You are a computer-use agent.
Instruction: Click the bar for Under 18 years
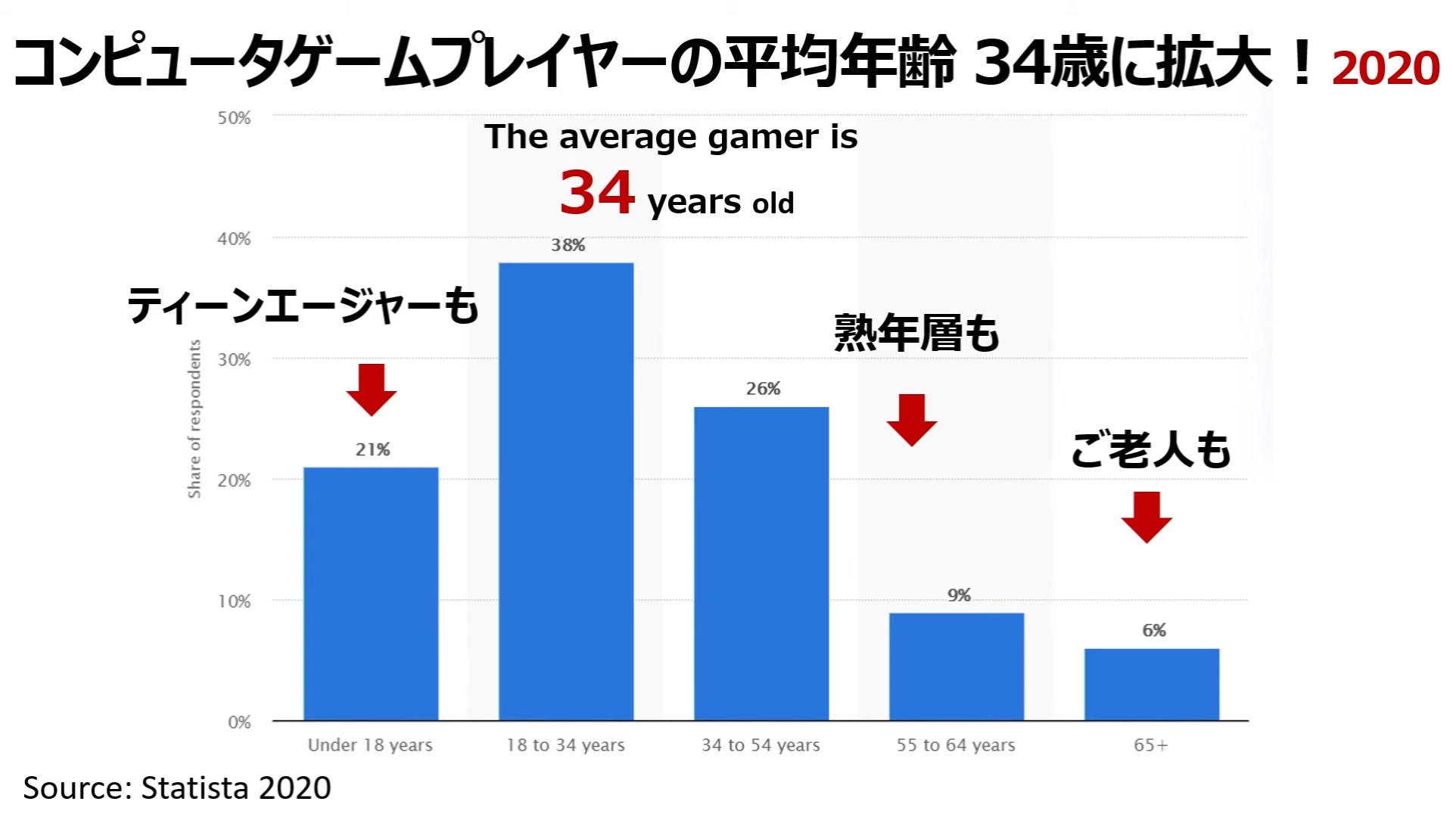point(371,594)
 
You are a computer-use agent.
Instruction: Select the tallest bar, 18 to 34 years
point(566,492)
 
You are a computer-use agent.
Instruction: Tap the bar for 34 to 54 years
point(761,564)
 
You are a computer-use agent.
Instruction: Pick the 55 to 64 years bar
point(957,666)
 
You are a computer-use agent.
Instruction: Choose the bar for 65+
point(1151,684)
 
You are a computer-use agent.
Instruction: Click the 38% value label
point(568,245)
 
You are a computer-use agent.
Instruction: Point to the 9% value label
point(959,595)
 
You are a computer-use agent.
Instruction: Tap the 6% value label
point(1154,630)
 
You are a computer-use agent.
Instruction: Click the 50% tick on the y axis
point(234,118)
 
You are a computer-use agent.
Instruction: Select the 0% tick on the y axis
point(239,722)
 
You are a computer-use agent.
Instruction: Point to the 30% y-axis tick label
point(234,360)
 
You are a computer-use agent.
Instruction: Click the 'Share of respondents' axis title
point(194,419)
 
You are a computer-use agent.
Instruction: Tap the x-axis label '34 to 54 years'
point(761,745)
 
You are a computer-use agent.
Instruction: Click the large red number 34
point(597,192)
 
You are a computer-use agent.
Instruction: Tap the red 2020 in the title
point(1385,68)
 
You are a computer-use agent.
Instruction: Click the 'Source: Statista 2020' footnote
point(177,788)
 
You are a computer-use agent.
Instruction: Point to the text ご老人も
point(1150,450)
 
